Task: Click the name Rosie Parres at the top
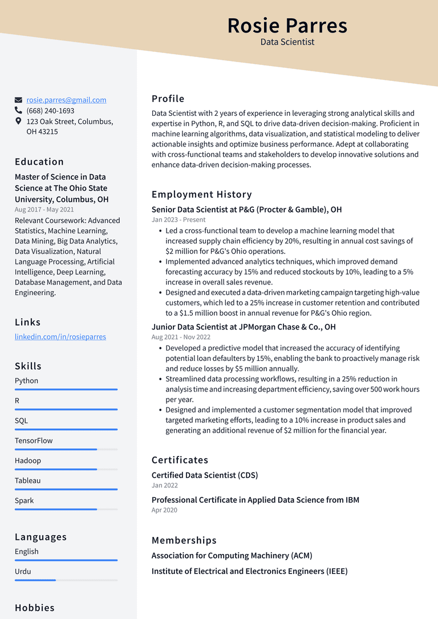pos(287,26)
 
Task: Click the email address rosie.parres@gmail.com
pos(66,100)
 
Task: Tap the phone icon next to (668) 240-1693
pos(19,111)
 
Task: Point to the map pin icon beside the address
pos(19,121)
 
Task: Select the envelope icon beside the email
pos(19,100)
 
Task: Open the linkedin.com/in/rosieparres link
pos(60,337)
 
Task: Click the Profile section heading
pos(168,99)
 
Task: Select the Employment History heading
pos(201,194)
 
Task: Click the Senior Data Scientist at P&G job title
pos(246,209)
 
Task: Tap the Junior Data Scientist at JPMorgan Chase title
pos(244,327)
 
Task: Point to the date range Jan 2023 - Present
pos(179,220)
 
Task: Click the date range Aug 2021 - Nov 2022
pos(181,337)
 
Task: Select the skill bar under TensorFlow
pos(66,449)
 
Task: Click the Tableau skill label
pos(28,480)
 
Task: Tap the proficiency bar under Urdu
pos(66,580)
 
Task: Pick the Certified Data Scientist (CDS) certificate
pos(205,475)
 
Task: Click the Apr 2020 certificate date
pos(164,510)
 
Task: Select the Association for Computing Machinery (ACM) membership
pos(232,555)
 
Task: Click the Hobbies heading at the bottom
pos(35,608)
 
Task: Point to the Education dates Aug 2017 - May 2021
pos(44,210)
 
